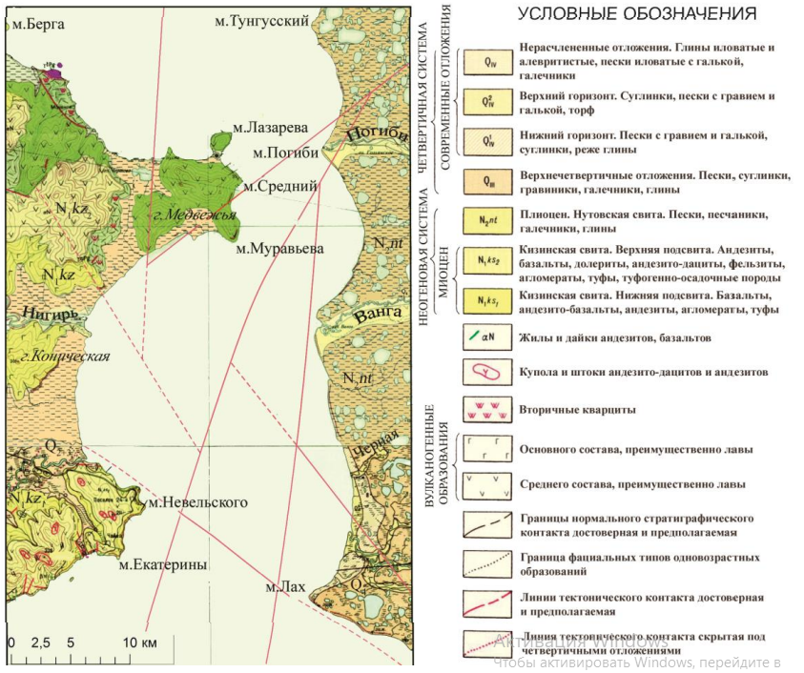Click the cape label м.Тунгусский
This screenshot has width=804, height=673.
pyautogui.click(x=270, y=21)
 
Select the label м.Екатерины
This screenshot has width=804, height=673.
pyautogui.click(x=163, y=564)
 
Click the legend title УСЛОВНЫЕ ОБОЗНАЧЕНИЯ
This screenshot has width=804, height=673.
pyautogui.click(x=637, y=14)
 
